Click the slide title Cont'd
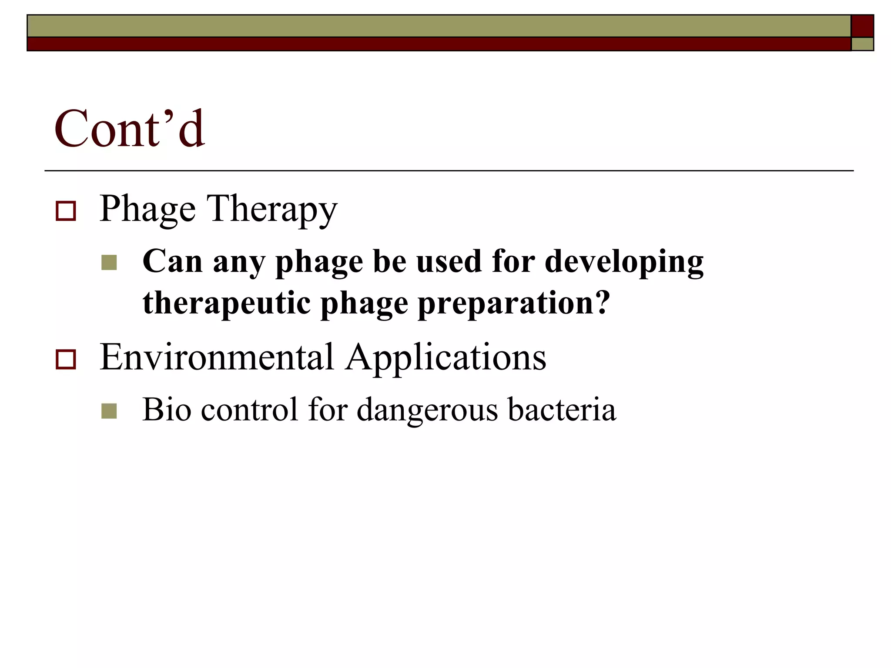(x=129, y=129)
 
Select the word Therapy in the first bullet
(x=272, y=210)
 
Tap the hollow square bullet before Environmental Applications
(x=66, y=360)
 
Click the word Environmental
(x=217, y=357)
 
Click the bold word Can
(x=172, y=262)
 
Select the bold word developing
(x=624, y=263)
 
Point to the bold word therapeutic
(x=226, y=304)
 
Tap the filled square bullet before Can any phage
(x=109, y=263)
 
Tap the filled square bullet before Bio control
(x=109, y=411)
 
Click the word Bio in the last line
(x=167, y=410)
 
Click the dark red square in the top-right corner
(x=862, y=26)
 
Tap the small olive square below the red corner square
(x=862, y=44)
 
